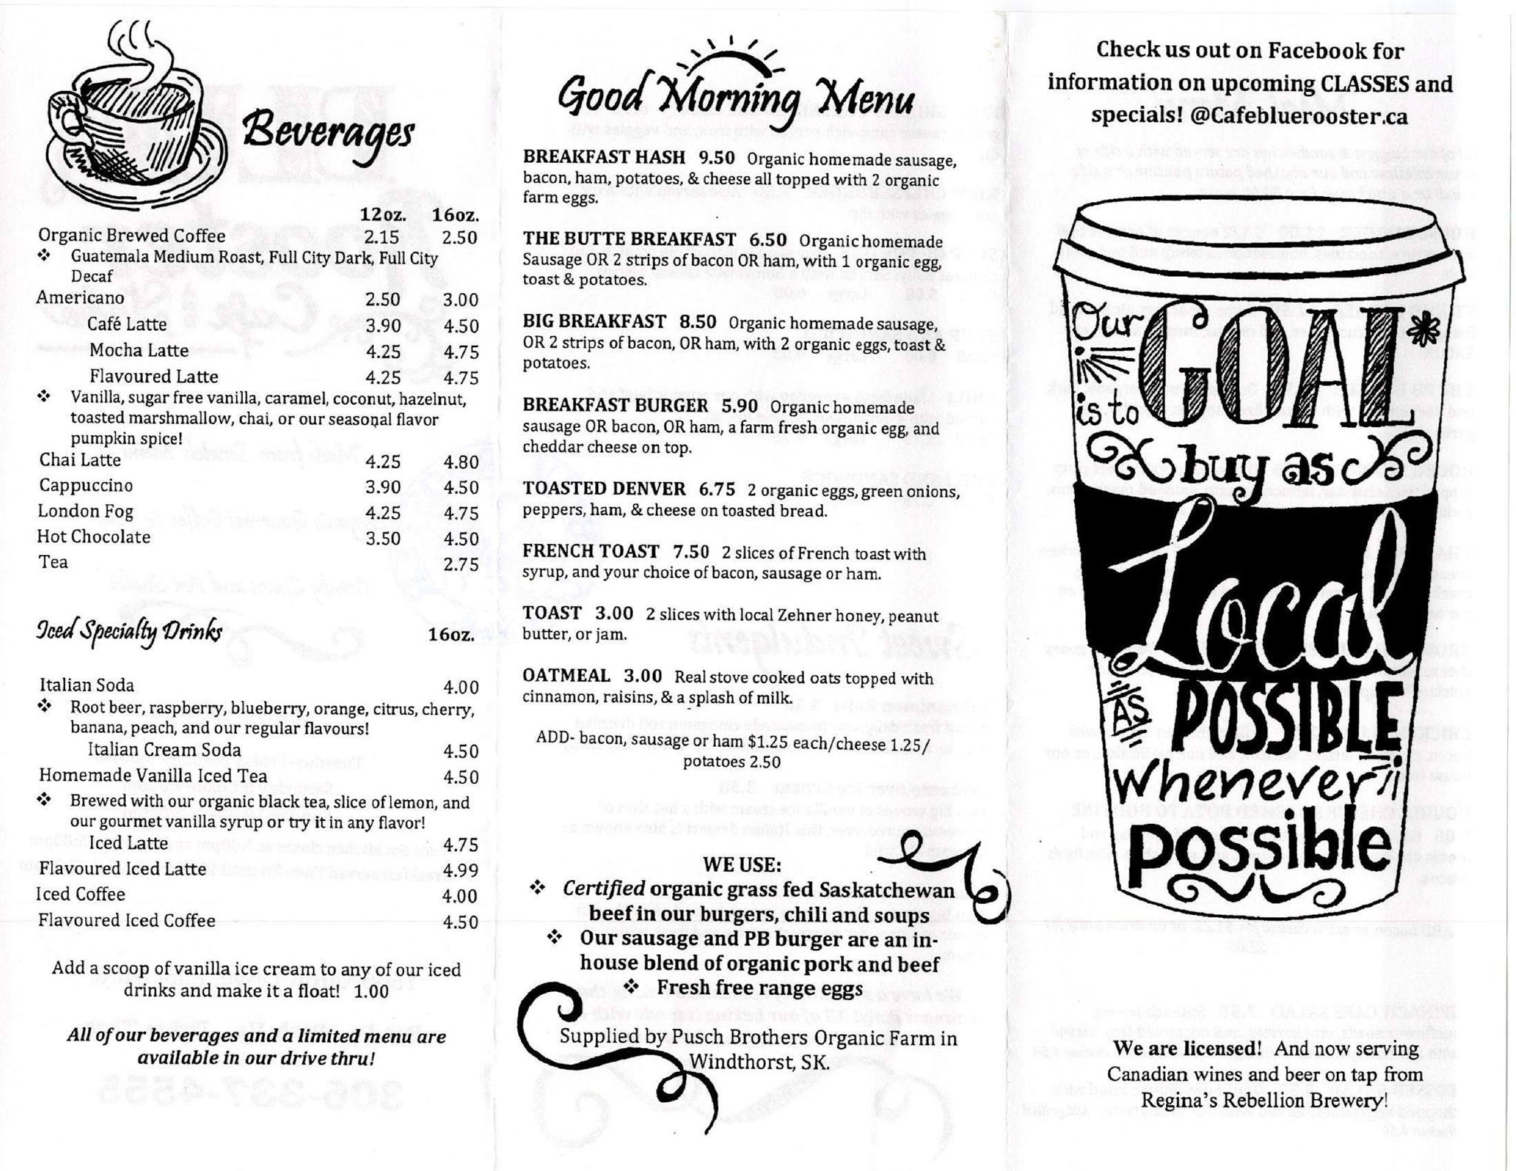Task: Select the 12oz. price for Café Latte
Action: (x=383, y=326)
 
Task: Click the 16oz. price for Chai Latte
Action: (x=461, y=462)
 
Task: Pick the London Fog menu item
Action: (x=86, y=511)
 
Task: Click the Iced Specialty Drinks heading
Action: (x=130, y=631)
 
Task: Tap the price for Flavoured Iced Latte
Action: (x=460, y=870)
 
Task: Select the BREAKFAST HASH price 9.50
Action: (x=717, y=158)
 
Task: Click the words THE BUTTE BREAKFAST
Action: (x=629, y=239)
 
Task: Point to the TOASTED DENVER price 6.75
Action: (x=717, y=489)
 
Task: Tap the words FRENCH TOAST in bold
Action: (x=590, y=551)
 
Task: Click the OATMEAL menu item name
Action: (x=566, y=676)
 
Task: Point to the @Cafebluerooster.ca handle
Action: (x=1299, y=117)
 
